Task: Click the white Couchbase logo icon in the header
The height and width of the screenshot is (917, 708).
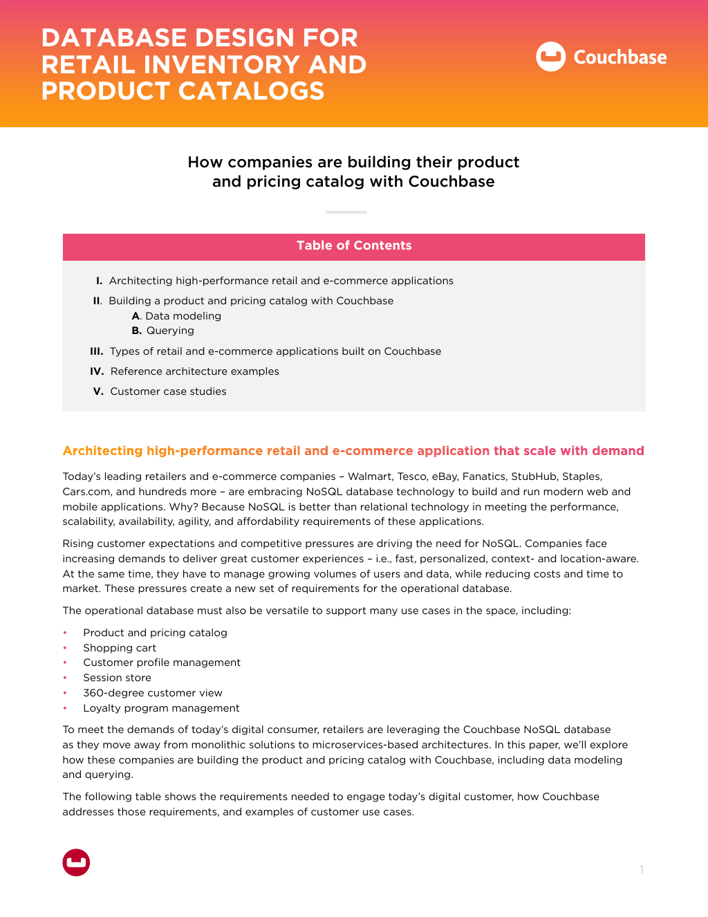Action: click(551, 57)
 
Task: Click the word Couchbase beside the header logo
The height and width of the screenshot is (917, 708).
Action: click(620, 57)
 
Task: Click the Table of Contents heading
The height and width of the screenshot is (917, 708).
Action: click(354, 246)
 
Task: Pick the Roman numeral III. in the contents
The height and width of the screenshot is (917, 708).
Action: click(97, 351)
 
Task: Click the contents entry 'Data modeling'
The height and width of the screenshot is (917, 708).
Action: click(183, 316)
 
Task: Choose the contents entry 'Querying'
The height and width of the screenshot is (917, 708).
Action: click(170, 331)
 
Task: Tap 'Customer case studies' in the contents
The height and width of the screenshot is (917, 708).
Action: click(168, 391)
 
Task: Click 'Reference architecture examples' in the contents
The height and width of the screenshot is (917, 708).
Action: click(194, 371)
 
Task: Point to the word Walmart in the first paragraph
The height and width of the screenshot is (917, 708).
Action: click(369, 476)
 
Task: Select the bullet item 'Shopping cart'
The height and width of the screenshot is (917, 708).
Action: click(120, 648)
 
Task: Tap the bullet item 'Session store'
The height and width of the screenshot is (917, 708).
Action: click(117, 678)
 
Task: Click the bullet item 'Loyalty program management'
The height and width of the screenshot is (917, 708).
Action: click(161, 708)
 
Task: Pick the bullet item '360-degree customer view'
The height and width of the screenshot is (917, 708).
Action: click(153, 693)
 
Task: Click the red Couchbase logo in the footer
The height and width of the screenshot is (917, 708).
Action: click(76, 862)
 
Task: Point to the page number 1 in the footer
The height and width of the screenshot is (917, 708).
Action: click(642, 869)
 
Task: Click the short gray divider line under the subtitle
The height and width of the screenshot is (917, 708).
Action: click(346, 212)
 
